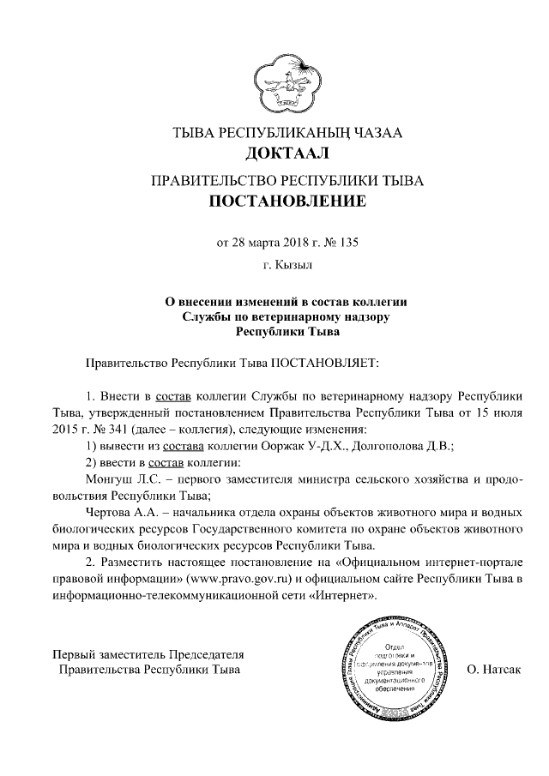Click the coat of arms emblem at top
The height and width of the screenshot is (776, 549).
tap(283, 81)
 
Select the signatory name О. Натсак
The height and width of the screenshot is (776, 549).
tap(494, 668)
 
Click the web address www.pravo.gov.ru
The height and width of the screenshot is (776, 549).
tap(257, 579)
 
